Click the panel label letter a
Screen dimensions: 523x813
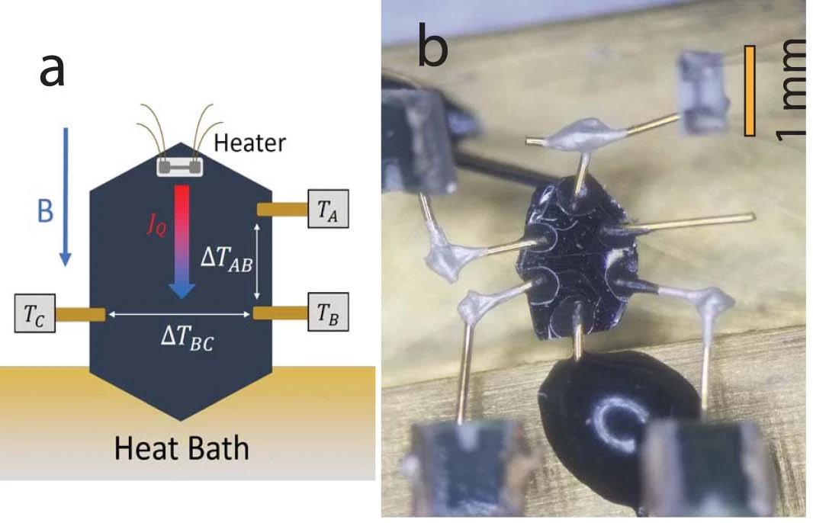(53, 73)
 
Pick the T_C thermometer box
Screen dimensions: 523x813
(35, 314)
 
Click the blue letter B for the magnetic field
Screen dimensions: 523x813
(46, 210)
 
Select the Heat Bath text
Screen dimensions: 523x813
(182, 448)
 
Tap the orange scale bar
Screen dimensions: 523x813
(750, 90)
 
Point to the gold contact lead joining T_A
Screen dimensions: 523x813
(281, 208)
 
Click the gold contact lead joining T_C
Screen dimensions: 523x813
(80, 314)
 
